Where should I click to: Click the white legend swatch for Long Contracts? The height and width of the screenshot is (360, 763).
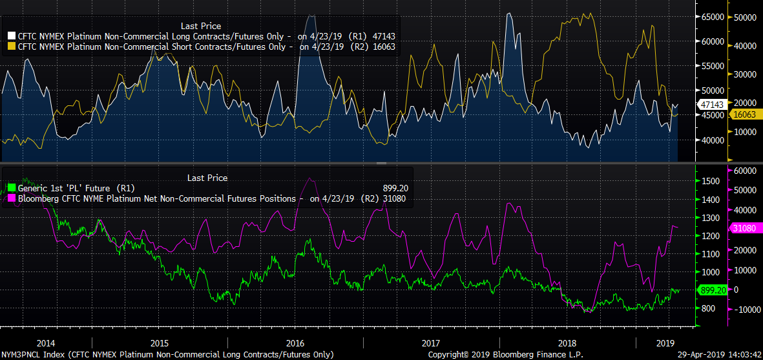coord(12,36)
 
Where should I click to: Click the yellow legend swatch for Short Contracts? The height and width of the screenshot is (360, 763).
coord(12,47)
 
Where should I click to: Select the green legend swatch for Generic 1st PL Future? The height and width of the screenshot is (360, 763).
coord(12,188)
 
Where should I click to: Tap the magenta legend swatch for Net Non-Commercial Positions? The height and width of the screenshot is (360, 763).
coord(12,198)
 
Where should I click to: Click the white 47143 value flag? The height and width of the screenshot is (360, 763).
coord(711,103)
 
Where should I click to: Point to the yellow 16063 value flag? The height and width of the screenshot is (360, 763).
coord(745,114)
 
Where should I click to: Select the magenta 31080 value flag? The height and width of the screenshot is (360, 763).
coord(746,228)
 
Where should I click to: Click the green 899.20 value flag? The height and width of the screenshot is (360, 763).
coord(713,290)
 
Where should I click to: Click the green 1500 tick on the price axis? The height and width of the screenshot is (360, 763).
coord(709,182)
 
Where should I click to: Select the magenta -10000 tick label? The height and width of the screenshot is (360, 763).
coord(746,310)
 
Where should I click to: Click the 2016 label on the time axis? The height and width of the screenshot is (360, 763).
coord(295,343)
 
